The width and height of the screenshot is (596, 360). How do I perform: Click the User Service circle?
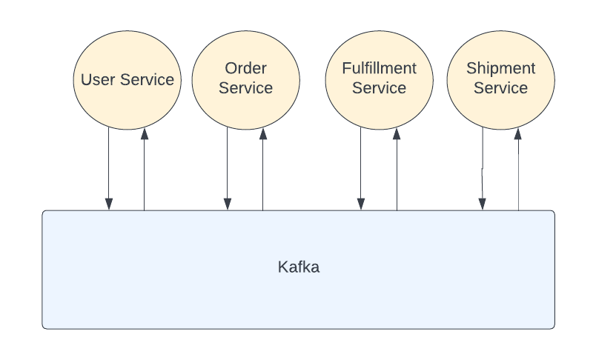pos(127,79)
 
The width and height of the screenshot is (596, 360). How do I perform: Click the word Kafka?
pos(298,267)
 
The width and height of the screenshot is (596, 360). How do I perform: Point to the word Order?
pos(245,69)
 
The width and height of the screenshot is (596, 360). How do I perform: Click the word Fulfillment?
pos(379,69)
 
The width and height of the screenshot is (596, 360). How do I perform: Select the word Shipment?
pos(500,69)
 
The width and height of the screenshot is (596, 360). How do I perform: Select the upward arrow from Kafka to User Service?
pos(144,170)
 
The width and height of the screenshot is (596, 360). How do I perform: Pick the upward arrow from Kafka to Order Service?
pos(262,170)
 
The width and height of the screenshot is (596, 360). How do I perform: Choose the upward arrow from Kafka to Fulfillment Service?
pos(397,170)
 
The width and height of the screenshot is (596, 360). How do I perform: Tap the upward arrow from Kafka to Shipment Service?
pos(518,170)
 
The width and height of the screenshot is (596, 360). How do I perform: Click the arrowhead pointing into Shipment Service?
pos(518,135)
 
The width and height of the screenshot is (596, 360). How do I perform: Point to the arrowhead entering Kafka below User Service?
pos(109,204)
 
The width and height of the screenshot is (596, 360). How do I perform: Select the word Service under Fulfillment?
pos(379,88)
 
